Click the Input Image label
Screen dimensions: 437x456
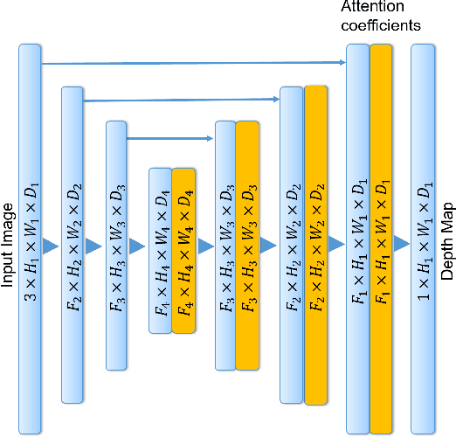point(9,238)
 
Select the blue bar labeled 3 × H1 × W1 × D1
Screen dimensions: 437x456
point(30,238)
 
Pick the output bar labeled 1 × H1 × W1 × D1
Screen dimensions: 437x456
point(423,238)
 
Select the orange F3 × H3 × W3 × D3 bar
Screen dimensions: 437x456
point(247,246)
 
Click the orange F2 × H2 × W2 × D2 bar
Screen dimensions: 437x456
point(315,245)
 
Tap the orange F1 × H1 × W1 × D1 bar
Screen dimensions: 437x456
point(381,238)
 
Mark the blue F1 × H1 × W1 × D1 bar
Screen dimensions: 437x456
point(358,238)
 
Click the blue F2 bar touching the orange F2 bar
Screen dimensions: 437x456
point(291,245)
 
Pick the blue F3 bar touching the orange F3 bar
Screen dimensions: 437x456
point(225,246)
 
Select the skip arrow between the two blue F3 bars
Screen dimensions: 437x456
point(171,137)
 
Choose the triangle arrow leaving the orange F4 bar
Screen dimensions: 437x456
point(205,246)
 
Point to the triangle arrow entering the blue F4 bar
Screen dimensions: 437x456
point(138,246)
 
